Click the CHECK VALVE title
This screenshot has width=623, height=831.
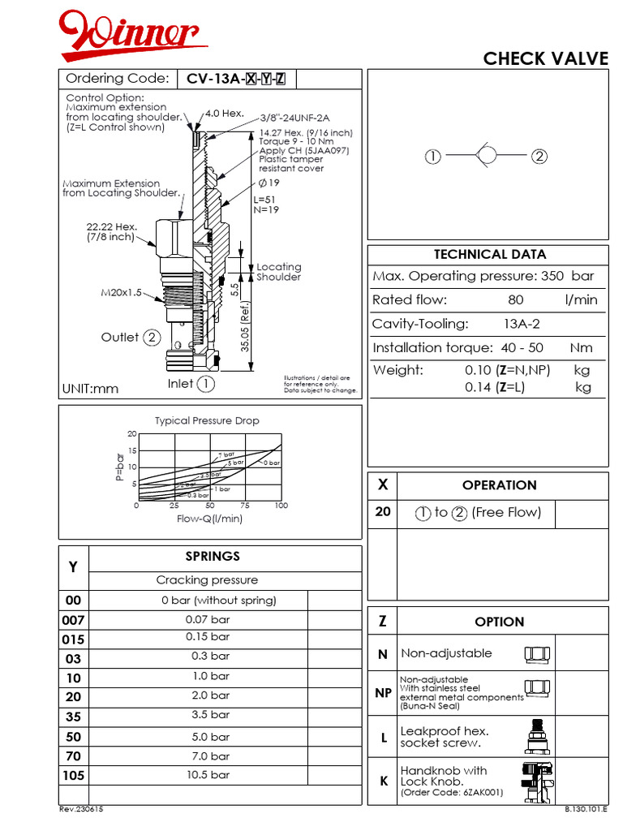tap(545, 58)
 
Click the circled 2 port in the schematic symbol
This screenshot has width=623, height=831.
tap(539, 157)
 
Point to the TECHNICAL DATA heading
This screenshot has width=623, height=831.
tap(489, 254)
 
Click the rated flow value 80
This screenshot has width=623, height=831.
tap(515, 300)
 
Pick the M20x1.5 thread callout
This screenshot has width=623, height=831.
tap(122, 292)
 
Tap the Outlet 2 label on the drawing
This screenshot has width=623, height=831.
tap(131, 338)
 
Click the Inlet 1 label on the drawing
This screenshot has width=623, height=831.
tap(191, 384)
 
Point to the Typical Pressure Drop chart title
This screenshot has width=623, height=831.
tap(207, 420)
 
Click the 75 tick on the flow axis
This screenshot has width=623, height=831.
tap(245, 506)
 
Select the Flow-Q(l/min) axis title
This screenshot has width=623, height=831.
tap(209, 519)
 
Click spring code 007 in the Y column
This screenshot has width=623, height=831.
tap(73, 620)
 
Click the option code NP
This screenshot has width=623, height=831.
tap(382, 693)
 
